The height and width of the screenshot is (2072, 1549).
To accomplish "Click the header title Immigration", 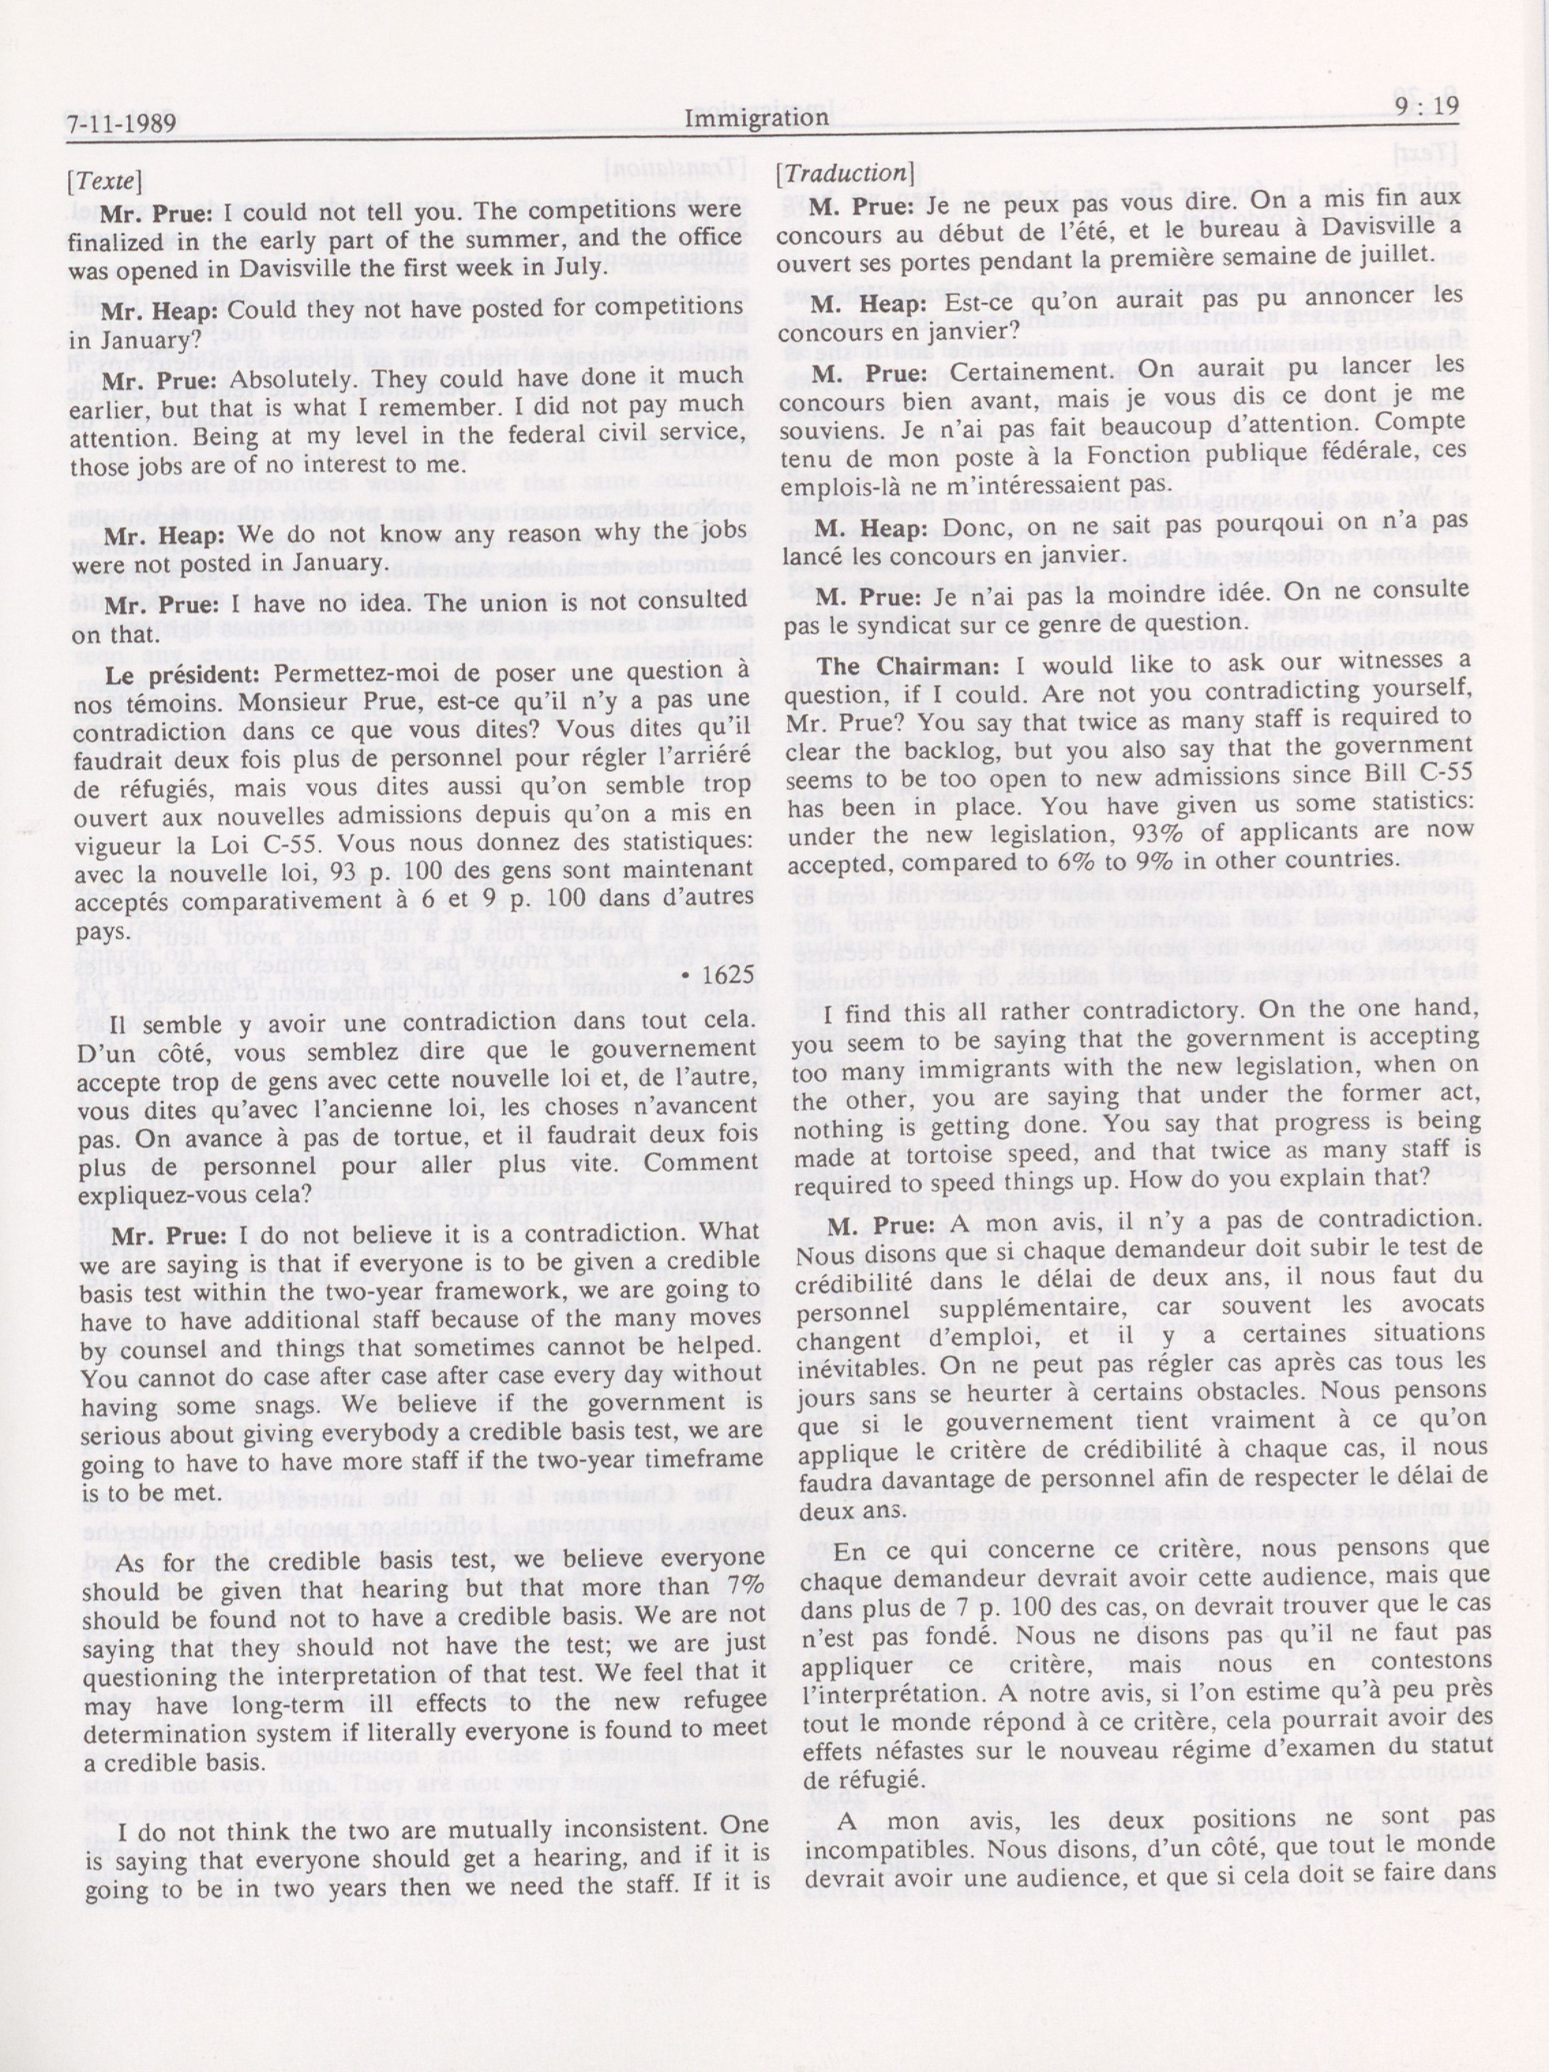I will click(756, 118).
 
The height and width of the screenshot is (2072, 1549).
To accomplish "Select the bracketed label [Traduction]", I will click(845, 172).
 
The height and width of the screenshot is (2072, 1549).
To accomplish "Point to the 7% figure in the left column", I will click(747, 1586).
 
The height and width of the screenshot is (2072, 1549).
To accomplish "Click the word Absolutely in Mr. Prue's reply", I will click(291, 380).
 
